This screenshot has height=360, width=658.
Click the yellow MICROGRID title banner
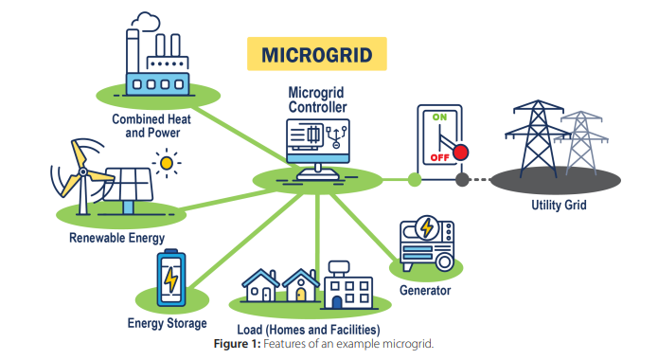pyautogui.click(x=316, y=54)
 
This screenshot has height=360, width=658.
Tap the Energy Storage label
pyautogui.click(x=167, y=323)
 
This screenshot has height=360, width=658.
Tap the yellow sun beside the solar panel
pyautogui.click(x=168, y=163)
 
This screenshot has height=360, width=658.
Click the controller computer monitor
pyautogui.click(x=316, y=142)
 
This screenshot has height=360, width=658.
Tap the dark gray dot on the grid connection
pyautogui.click(x=462, y=178)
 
